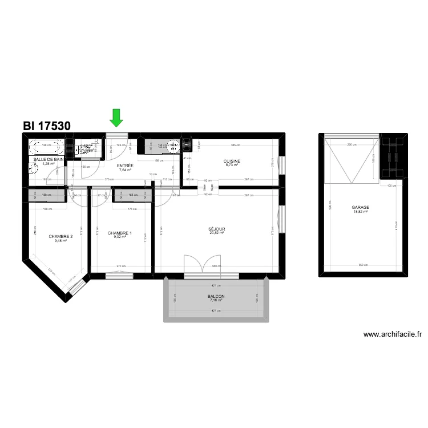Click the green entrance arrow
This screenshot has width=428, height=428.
click(x=116, y=118)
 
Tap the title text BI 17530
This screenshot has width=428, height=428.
click(x=47, y=126)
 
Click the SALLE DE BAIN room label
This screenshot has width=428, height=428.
click(x=48, y=159)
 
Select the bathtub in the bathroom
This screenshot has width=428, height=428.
click(x=49, y=148)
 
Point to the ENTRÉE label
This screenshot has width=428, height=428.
click(x=125, y=165)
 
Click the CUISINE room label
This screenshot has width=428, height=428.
click(x=232, y=161)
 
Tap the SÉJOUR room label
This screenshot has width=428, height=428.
click(x=217, y=229)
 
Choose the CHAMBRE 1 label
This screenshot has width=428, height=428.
click(x=120, y=233)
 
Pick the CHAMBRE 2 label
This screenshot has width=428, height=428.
click(x=60, y=236)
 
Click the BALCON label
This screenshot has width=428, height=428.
click(x=216, y=296)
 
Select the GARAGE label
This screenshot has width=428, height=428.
click(x=360, y=208)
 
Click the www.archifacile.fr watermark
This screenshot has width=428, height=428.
click(x=393, y=336)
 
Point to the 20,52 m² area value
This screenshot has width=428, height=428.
click(x=217, y=233)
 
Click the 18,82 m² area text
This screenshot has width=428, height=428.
click(x=360, y=212)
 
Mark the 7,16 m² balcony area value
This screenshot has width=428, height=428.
click(x=216, y=301)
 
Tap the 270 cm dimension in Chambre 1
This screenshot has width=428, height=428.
click(x=120, y=266)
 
